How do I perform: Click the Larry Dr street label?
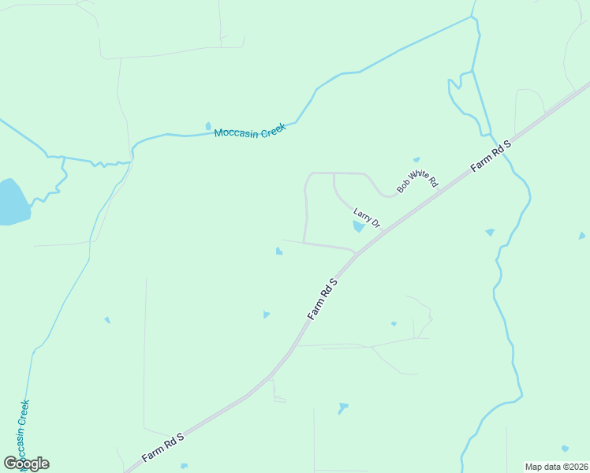click(x=367, y=218)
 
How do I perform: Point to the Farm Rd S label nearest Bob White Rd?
click(x=491, y=155)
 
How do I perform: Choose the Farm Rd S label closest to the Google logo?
click(x=162, y=447)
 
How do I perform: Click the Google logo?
click(x=26, y=464)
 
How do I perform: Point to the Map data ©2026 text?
click(x=556, y=467)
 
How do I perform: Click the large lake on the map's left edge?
click(x=11, y=203)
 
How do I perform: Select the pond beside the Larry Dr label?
click(x=358, y=227)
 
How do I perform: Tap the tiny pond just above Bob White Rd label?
click(x=416, y=159)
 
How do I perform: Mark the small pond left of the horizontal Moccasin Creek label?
click(x=208, y=125)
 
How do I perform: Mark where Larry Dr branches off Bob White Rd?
click(x=334, y=173)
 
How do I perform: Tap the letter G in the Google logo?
click(x=10, y=463)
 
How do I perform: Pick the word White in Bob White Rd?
click(x=418, y=176)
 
